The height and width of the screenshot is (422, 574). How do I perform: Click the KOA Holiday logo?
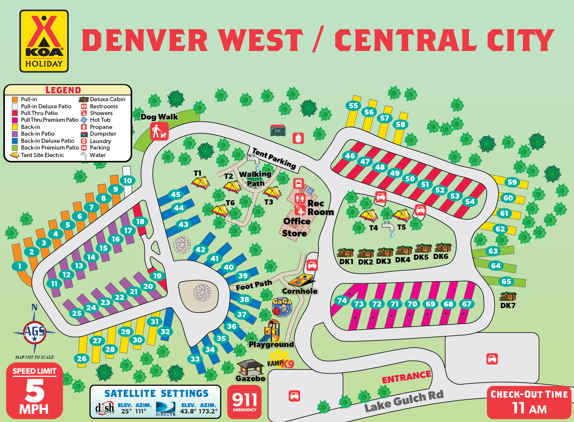[44, 41]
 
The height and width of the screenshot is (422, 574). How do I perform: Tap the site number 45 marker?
[176, 194]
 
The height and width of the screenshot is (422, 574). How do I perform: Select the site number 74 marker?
[342, 300]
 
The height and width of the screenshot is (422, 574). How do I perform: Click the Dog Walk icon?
[159, 132]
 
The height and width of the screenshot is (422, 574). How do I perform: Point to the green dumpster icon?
[278, 130]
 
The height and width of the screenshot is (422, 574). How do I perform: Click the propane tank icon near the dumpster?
[298, 138]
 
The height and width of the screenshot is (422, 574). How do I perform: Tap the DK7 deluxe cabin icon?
[508, 296]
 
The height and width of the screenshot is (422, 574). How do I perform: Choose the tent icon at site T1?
[200, 183]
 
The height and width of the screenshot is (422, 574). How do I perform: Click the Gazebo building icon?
[250, 367]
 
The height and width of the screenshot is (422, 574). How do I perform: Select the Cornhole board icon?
[301, 280]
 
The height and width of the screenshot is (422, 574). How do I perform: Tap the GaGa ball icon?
[282, 307]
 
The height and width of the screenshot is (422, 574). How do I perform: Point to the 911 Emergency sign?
[244, 402]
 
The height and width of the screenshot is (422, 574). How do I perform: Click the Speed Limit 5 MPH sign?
[34, 391]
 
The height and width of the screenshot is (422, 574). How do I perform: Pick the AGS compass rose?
[35, 332]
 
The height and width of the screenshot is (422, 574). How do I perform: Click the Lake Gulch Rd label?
[404, 401]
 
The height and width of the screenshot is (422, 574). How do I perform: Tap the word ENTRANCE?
[406, 377]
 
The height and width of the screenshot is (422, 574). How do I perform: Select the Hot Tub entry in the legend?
[100, 120]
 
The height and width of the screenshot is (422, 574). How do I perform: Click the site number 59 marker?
[512, 182]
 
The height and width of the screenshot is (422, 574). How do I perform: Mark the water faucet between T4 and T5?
[389, 227]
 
